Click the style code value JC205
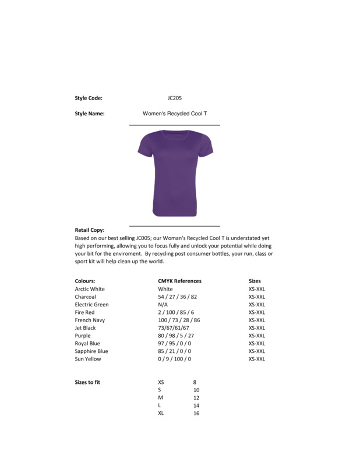pos(175,98)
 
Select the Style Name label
pos(90,114)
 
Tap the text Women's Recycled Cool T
pos(175,114)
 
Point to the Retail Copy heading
pos(90,230)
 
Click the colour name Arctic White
pos(90,289)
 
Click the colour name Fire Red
pos(84,312)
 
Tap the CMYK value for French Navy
pos(179,320)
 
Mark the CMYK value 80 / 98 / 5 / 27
pos(176,336)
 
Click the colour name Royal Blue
pos(87,344)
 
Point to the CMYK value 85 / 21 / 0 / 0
pos(174,351)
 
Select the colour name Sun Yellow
pos(88,359)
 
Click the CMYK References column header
pos(179,281)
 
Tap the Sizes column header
pos(255,281)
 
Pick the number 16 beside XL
pos(196,413)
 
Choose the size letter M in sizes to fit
pos(161,398)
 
